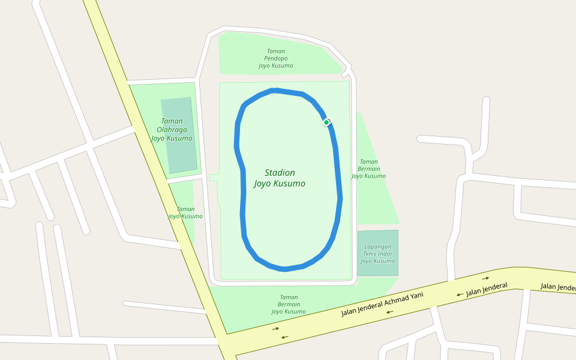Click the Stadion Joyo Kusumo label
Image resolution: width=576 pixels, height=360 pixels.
tap(280, 178)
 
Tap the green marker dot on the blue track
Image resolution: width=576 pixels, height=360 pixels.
tap(326, 122)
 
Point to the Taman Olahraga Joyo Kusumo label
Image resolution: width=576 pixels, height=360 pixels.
tap(172, 129)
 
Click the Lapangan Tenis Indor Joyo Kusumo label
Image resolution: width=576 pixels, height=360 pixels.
tap(378, 254)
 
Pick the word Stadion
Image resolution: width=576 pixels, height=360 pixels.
tap(280, 173)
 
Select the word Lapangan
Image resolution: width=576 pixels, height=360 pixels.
tap(378, 247)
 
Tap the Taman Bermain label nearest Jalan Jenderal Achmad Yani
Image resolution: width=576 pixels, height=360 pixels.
tap(289, 304)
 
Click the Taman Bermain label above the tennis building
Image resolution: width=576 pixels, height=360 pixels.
tap(368, 169)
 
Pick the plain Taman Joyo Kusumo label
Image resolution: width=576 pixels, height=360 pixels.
tap(185, 212)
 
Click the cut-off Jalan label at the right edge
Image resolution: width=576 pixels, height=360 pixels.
tap(558, 287)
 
